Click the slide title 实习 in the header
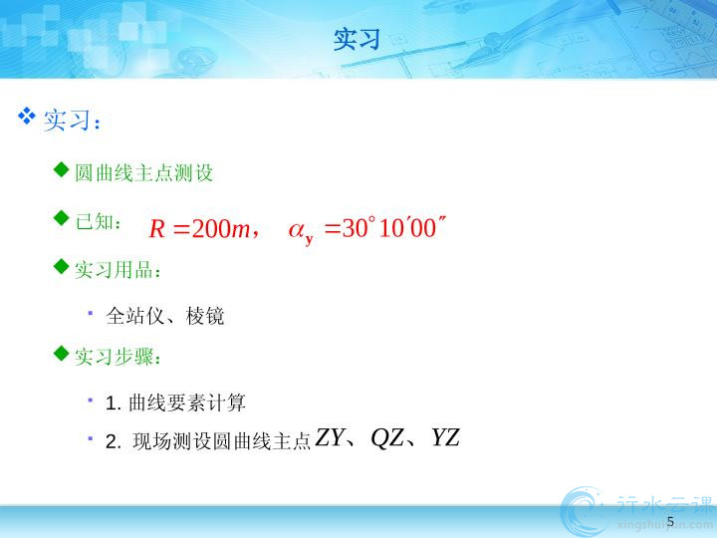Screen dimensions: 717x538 [x=357, y=39]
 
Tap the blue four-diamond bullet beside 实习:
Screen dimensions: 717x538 [x=27, y=116]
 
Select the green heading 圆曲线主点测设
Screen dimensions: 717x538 [x=143, y=173]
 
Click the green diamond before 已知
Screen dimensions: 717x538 [x=62, y=218]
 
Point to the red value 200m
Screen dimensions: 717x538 [x=221, y=228]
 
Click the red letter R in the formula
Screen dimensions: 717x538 [x=157, y=228]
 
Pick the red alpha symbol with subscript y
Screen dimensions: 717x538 [x=301, y=231]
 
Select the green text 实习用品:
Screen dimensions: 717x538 [x=118, y=269]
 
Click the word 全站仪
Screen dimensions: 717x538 [x=134, y=316]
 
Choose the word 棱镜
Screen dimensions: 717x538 [x=205, y=316]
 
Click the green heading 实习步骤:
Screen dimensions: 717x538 [x=118, y=357]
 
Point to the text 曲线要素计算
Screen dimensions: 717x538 [x=187, y=403]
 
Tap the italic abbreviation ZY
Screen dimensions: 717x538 [x=330, y=437]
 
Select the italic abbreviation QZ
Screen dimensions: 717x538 [x=386, y=438]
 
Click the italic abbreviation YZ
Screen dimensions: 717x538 [x=445, y=437]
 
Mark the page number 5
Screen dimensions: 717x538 [x=670, y=521]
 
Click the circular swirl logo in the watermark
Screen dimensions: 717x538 [x=585, y=511]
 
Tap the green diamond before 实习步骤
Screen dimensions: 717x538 [x=62, y=353]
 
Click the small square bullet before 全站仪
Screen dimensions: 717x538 [x=91, y=313]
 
